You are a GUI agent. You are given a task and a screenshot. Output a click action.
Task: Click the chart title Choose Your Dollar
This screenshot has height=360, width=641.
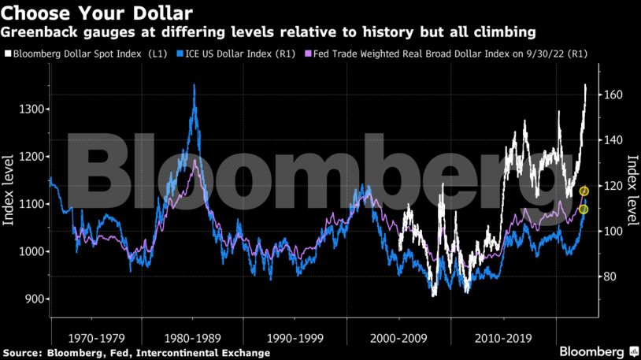pos(97,13)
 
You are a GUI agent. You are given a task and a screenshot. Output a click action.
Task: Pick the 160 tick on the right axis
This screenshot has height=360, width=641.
pos(613,95)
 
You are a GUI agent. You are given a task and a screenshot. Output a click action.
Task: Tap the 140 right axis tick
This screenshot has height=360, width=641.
pos(613,140)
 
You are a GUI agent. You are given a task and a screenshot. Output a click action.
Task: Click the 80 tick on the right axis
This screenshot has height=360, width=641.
pos(610,276)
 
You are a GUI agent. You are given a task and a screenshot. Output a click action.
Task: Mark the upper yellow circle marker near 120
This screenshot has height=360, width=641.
pos(584,191)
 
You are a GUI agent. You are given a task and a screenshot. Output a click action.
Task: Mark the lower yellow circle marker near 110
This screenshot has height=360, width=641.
pos(584,209)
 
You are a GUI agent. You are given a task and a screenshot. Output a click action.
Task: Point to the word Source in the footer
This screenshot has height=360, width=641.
pos(21,352)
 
